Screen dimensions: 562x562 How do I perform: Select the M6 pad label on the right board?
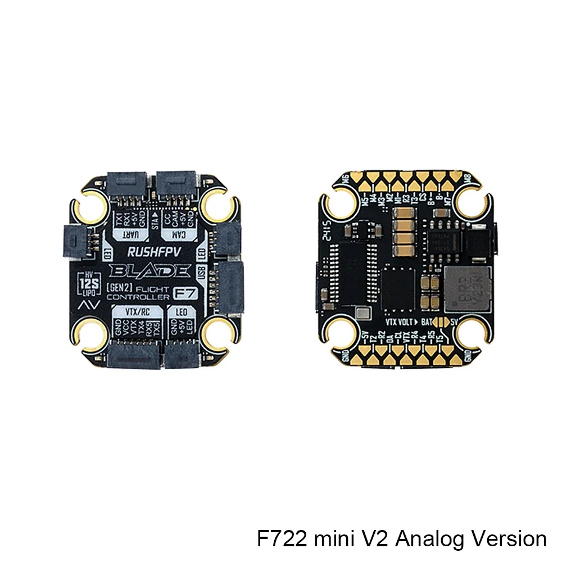pyautogui.click(x=345, y=178)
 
